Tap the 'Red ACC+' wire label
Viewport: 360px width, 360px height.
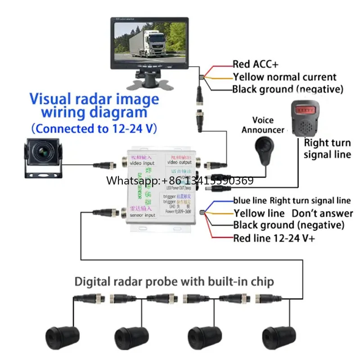point(255,64)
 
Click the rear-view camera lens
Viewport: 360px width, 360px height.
point(42,154)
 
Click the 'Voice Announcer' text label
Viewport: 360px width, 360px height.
point(263,125)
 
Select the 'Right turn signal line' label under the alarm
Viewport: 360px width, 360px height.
point(327,149)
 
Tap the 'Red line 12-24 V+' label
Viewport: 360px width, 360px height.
point(274,238)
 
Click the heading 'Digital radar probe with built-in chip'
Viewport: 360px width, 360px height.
point(174,282)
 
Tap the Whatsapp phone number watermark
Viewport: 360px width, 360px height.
point(180,181)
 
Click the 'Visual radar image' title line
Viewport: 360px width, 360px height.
point(94,99)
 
